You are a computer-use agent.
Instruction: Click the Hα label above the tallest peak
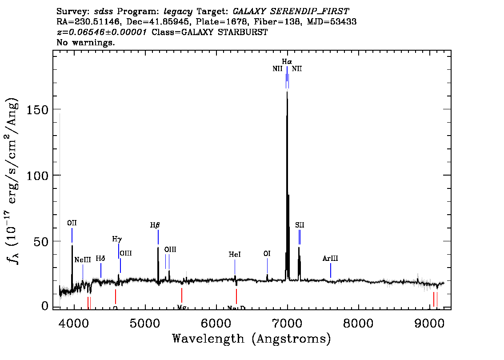(x=287, y=61)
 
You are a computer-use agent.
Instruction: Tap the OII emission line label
(x=72, y=223)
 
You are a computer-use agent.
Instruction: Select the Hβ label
(x=155, y=225)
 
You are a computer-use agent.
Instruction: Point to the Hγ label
(x=117, y=239)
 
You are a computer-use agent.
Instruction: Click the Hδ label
(x=100, y=259)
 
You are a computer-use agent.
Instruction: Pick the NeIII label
(x=83, y=260)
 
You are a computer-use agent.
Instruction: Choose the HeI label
(x=235, y=255)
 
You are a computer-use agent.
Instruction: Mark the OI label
(x=267, y=254)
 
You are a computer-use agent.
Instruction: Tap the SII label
(x=300, y=225)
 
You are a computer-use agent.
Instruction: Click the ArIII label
(x=331, y=259)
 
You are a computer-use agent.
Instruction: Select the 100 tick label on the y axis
(x=37, y=175)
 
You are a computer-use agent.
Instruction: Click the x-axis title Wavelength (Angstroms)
(x=252, y=339)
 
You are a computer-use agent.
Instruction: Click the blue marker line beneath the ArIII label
(x=331, y=270)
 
